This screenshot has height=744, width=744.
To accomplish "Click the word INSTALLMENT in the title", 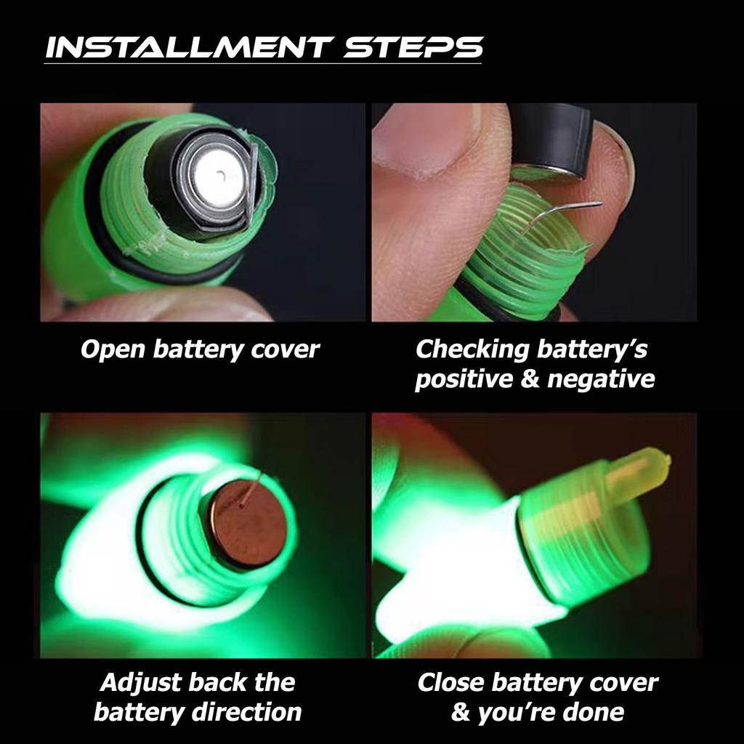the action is (188, 47).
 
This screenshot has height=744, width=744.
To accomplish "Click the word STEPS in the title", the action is (413, 47).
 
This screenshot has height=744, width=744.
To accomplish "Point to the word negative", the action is (601, 379).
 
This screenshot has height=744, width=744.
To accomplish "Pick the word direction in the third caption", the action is (247, 712).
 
